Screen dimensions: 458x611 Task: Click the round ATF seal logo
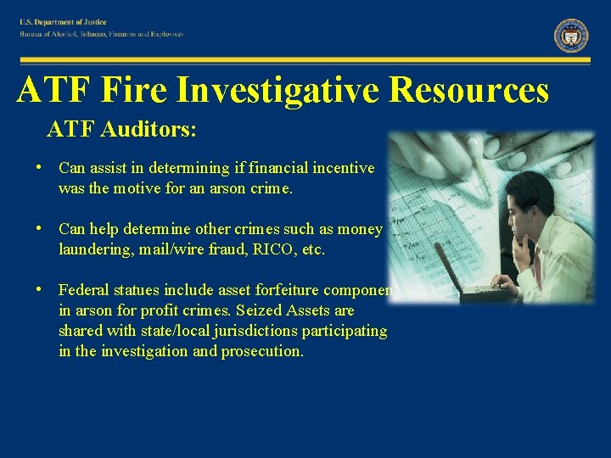571,36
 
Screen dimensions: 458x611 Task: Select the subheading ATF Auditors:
121,130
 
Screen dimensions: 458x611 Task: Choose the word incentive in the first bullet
344,168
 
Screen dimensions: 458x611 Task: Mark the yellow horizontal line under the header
305,60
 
